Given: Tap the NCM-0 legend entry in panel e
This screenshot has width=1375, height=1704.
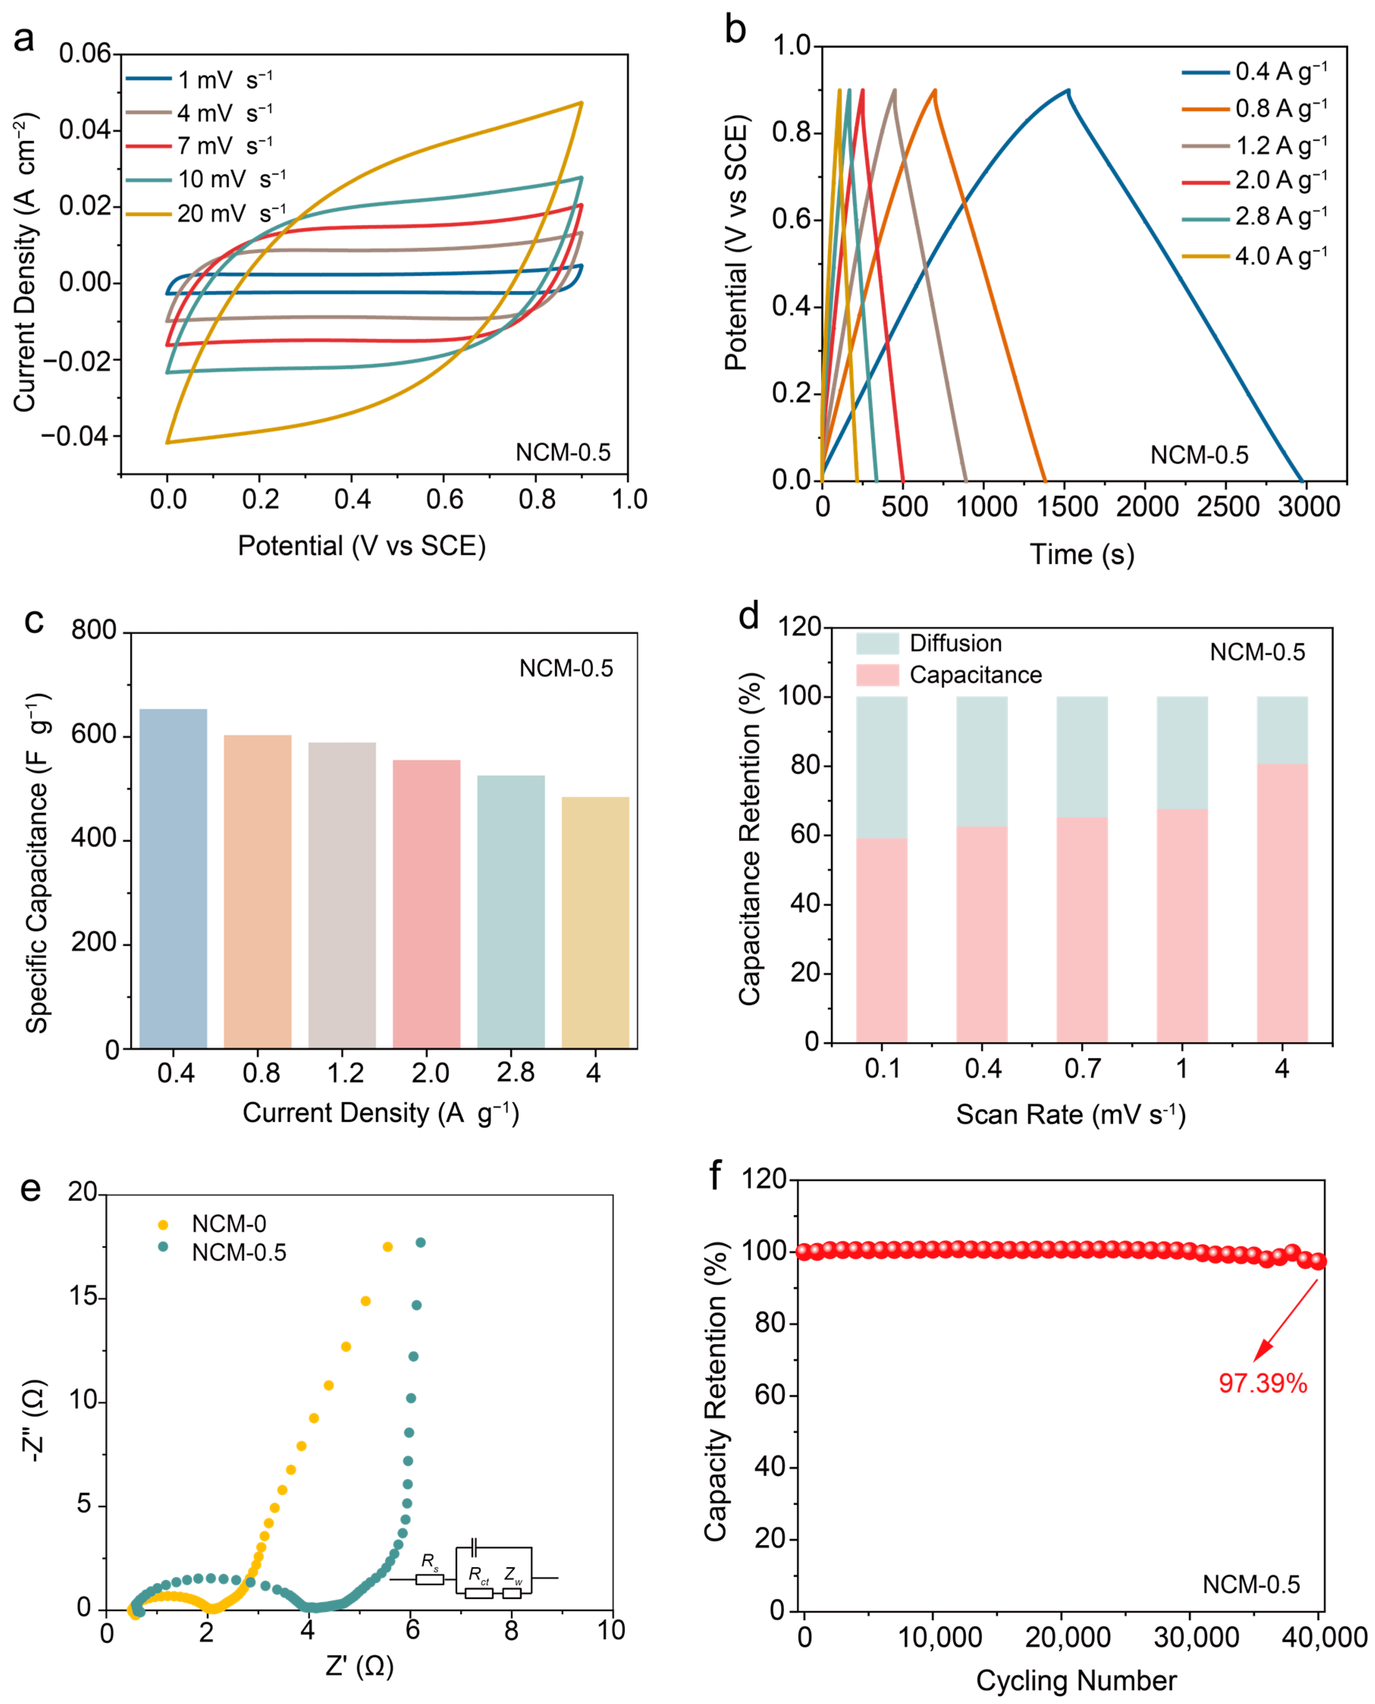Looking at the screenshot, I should pyautogui.click(x=228, y=1224).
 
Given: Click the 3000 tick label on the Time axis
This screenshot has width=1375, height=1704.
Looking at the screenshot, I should pyautogui.click(x=1308, y=507).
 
